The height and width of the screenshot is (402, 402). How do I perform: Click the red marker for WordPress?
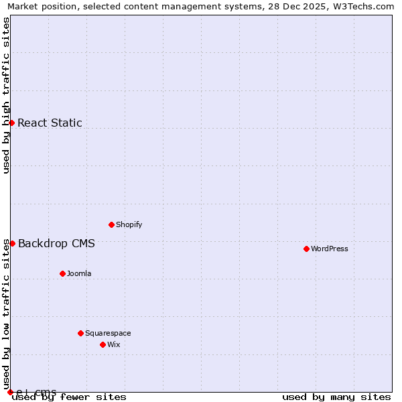306,249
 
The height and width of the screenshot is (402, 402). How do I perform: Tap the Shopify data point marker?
111,224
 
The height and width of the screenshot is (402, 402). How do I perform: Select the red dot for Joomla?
62,273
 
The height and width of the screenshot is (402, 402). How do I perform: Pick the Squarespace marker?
80,333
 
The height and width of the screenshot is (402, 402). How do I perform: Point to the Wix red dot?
103,344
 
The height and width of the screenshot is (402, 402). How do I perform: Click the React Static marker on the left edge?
11,123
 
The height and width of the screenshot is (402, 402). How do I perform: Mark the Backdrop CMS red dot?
12,243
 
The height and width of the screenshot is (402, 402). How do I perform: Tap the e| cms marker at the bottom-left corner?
10,392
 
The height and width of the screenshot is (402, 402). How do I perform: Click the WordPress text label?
330,249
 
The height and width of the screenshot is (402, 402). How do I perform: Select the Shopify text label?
129,224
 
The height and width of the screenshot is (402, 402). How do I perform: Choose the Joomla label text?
79,273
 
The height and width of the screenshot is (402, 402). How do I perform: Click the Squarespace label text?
108,333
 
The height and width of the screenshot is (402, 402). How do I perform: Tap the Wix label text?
114,344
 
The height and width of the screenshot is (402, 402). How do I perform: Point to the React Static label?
50,123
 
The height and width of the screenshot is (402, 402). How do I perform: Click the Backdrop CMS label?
56,243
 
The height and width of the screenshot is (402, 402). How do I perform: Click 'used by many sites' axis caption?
336,397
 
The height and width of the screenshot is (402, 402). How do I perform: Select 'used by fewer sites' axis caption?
70,397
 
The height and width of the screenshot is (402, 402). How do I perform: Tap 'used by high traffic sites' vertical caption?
7,95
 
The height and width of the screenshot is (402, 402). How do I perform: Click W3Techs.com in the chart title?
362,6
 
